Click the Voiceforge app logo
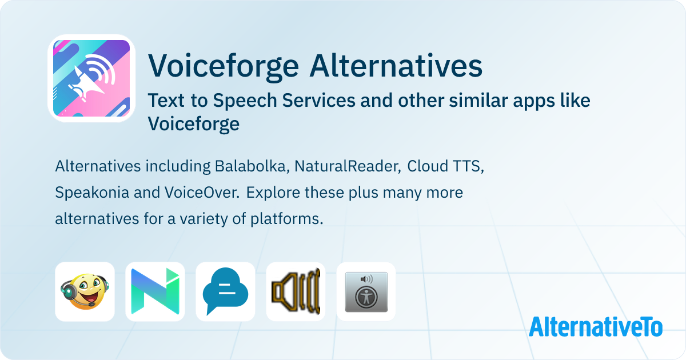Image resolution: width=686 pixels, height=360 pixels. point(91,78)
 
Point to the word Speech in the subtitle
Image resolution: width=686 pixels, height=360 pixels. point(250,101)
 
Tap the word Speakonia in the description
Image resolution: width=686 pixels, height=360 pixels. point(92,193)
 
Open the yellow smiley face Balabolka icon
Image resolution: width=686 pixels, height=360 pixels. point(85,291)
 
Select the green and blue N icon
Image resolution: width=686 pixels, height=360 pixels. point(155,291)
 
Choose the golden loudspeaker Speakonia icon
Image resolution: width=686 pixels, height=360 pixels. point(296,291)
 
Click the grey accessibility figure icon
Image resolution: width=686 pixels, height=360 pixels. point(366,291)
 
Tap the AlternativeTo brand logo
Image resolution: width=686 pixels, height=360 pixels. point(595,327)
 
